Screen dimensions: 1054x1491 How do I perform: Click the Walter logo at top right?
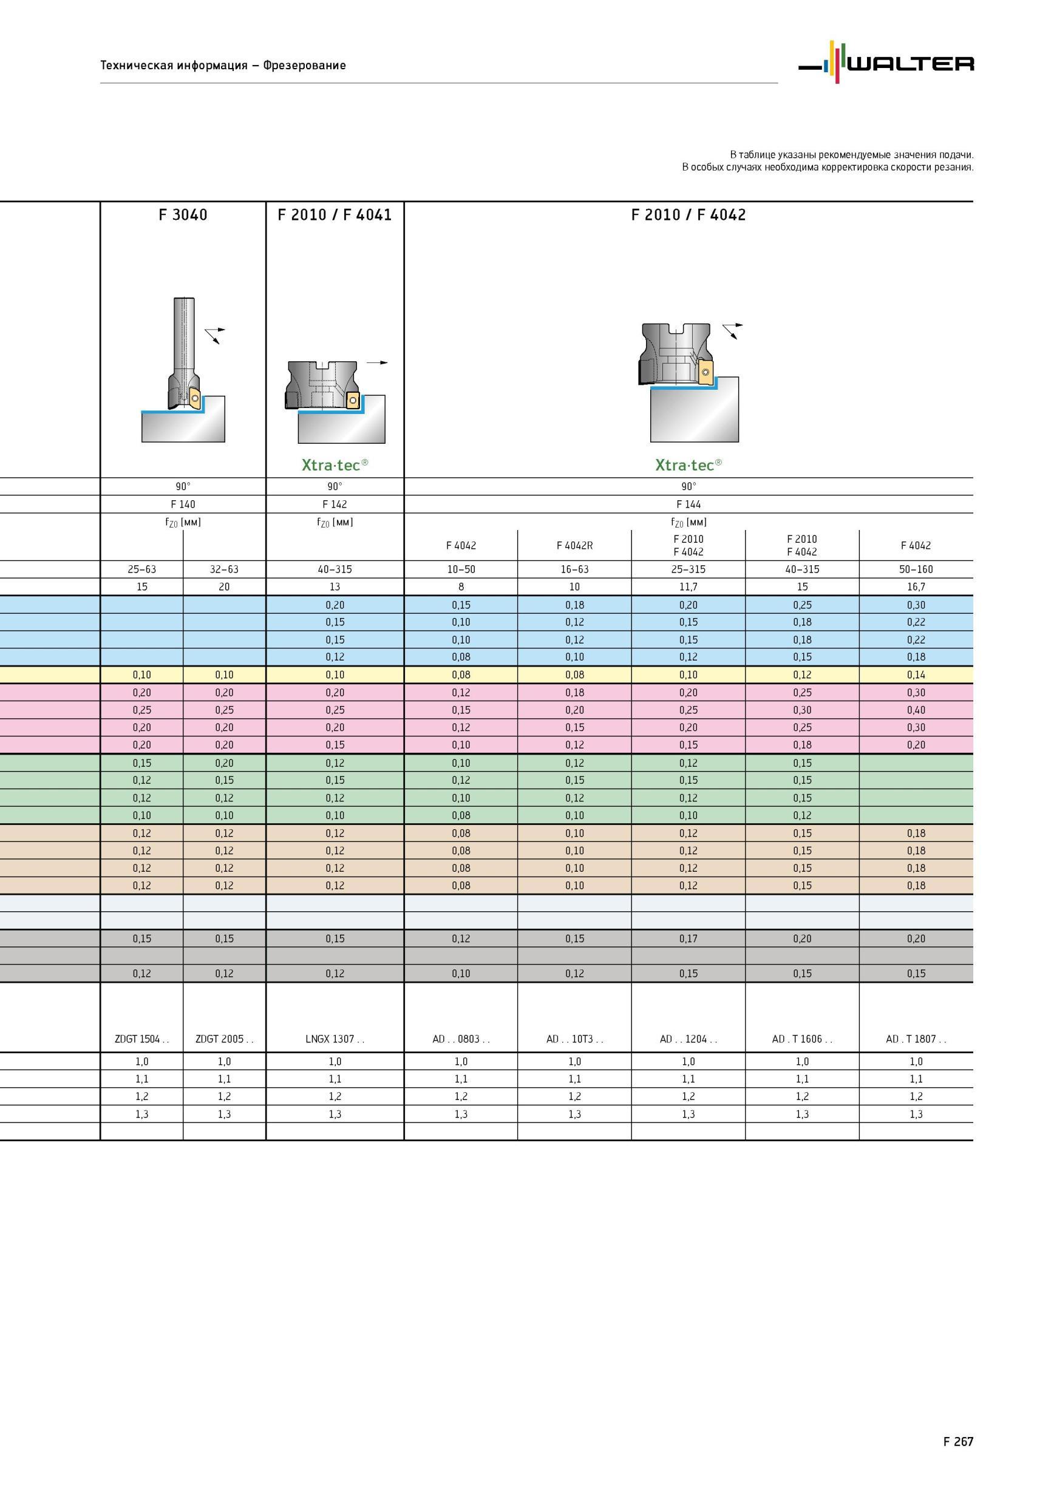tap(886, 63)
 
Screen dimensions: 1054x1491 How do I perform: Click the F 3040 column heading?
tap(183, 215)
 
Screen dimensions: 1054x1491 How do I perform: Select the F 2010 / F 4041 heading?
tap(335, 215)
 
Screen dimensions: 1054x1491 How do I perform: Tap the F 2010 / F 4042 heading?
tap(688, 215)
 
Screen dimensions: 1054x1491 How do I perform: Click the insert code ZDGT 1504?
tap(141, 1039)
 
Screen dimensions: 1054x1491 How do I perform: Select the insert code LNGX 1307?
tap(335, 1039)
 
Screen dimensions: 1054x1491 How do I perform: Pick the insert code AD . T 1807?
tap(916, 1039)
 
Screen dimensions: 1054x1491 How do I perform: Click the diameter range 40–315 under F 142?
tap(335, 569)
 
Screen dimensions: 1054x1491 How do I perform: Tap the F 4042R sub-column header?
tap(574, 546)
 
